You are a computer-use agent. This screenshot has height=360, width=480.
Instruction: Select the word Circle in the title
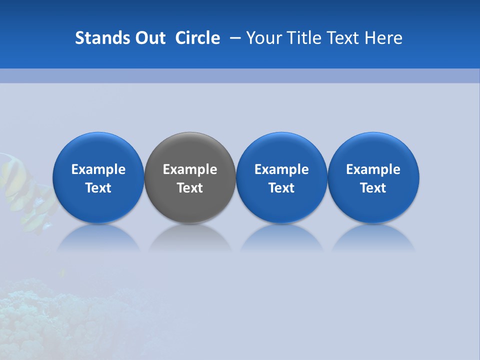coord(197,38)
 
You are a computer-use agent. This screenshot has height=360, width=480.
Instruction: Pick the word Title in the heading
coord(303,38)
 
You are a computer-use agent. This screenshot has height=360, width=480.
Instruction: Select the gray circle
coord(190,150)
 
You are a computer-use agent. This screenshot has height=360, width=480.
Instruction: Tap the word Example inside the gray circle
coord(190,169)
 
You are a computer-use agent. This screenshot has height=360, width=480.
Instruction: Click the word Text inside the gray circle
coord(190,188)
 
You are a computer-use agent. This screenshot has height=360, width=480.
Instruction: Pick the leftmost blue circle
coord(98,150)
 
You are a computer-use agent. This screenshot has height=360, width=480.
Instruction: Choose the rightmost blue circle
coord(373,150)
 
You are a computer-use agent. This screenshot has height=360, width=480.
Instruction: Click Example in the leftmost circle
coord(98,169)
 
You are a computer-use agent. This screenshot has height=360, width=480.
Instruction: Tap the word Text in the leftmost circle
coord(98,188)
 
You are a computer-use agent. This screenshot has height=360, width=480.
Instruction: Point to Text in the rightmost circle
coord(373,188)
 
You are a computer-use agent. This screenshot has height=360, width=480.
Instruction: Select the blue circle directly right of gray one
coord(281,150)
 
